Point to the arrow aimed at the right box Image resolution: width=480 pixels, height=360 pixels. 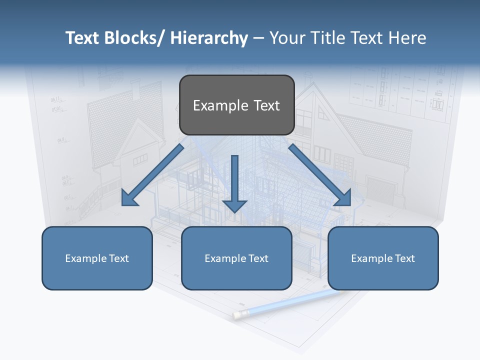pyautogui.click(x=320, y=175)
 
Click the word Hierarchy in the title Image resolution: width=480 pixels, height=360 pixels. pyautogui.click(x=209, y=38)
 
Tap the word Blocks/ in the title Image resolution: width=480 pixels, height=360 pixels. pyautogui.click(x=135, y=38)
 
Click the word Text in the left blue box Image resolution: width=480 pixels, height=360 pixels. pyautogui.click(x=118, y=258)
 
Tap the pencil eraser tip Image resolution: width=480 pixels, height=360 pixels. pyautogui.click(x=236, y=314)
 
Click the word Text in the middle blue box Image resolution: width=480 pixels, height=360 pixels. pyautogui.click(x=258, y=258)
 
